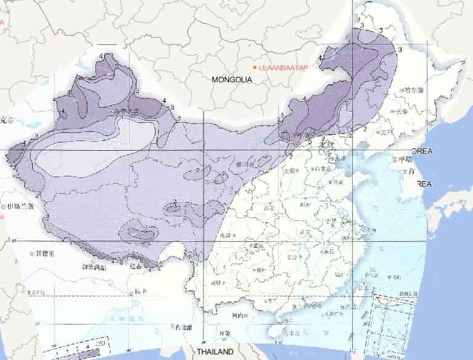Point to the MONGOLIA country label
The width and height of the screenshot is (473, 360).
click(232, 80)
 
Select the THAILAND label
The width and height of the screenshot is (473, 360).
click(216, 351)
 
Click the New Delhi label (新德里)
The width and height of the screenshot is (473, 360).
click(46, 253)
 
